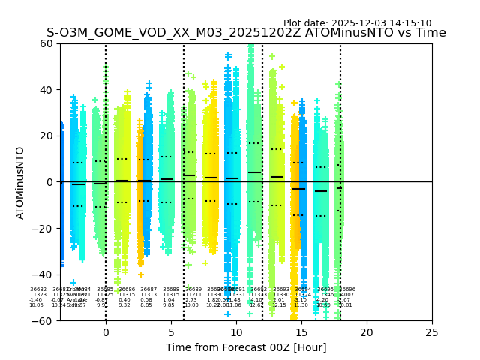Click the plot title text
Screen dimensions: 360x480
point(246,33)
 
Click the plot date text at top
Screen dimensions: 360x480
point(357,23)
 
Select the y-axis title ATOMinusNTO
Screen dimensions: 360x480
point(20,182)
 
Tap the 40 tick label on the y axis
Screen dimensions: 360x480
point(47,90)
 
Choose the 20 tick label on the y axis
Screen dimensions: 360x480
point(47,136)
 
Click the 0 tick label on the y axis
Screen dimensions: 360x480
point(50,182)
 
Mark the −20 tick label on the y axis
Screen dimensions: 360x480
point(44,228)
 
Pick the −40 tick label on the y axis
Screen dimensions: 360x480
point(44,274)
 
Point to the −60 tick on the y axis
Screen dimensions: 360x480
point(44,320)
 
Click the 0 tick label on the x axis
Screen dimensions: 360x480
point(106,332)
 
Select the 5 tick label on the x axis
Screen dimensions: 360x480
point(171,332)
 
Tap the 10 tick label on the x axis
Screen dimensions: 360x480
point(236,332)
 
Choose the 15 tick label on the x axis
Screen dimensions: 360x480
point(301,332)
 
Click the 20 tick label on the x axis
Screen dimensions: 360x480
point(367,332)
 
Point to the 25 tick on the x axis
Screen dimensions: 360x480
point(432,332)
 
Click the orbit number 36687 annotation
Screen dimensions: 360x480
point(148,289)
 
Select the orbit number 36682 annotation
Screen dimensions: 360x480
point(38,289)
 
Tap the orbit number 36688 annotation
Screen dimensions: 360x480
point(171,289)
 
